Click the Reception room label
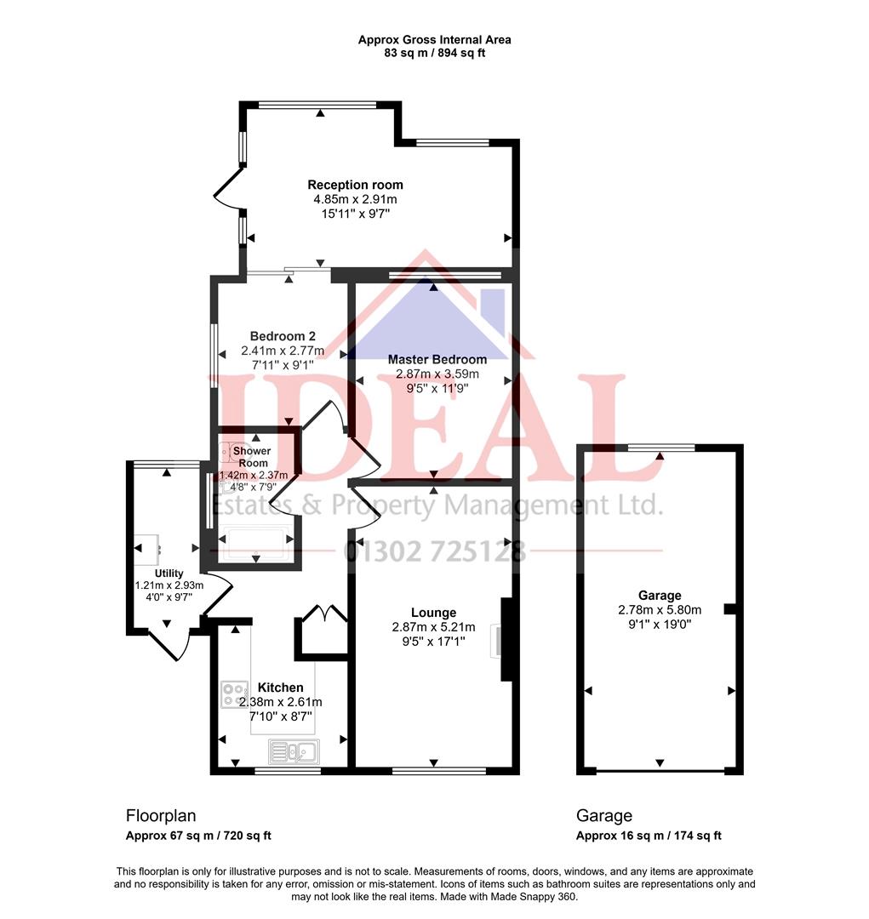coord(355,185)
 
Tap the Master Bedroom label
coord(437,359)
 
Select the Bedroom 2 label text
coord(283,336)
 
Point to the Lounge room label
coord(433,613)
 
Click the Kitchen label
coord(280,687)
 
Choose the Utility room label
coord(169,574)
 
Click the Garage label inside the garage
coord(660,596)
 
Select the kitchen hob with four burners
coord(233,694)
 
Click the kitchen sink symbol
coord(293,751)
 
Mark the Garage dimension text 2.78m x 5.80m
coord(660,610)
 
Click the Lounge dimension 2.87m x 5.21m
coord(433,627)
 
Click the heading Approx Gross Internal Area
coord(434,40)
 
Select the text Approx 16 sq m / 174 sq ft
coord(649,836)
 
